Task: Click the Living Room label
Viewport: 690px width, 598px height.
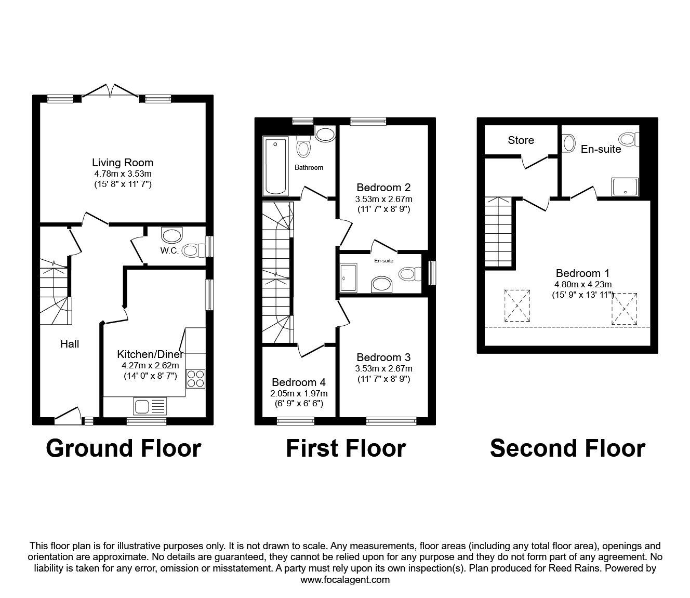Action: pyautogui.click(x=123, y=163)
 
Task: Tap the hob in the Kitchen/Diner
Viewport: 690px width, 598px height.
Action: pyautogui.click(x=195, y=379)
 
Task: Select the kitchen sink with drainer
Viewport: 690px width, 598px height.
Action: pyautogui.click(x=150, y=406)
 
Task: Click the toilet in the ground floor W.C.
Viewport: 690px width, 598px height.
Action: pyautogui.click(x=193, y=250)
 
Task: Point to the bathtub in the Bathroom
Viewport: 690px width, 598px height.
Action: pyautogui.click(x=275, y=166)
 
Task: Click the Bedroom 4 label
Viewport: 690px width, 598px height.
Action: pyautogui.click(x=298, y=382)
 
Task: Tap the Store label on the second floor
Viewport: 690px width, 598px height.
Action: pyautogui.click(x=521, y=140)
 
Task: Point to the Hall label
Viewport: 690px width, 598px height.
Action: pyautogui.click(x=70, y=344)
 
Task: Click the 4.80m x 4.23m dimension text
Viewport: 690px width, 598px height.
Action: pyautogui.click(x=583, y=285)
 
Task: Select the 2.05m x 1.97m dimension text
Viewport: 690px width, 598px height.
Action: pyautogui.click(x=299, y=393)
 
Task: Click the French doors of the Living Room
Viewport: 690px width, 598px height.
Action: pyautogui.click(x=111, y=90)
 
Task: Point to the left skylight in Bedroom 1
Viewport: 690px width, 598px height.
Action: pyautogui.click(x=517, y=306)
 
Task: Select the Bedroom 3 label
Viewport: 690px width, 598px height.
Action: pyautogui.click(x=383, y=357)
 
